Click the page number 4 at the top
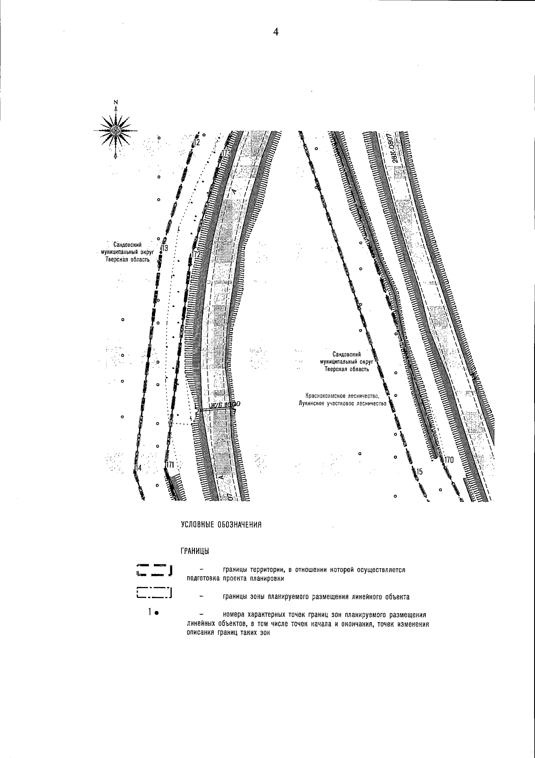[x=276, y=32]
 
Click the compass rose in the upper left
[x=115, y=130]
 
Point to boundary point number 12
[x=196, y=142]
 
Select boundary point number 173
[x=226, y=153]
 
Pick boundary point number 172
[x=196, y=254]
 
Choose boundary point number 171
[x=169, y=465]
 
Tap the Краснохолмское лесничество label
[x=342, y=395]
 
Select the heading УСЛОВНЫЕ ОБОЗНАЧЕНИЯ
[x=220, y=525]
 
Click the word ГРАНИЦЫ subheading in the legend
[x=195, y=551]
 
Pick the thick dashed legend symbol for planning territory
[x=155, y=570]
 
